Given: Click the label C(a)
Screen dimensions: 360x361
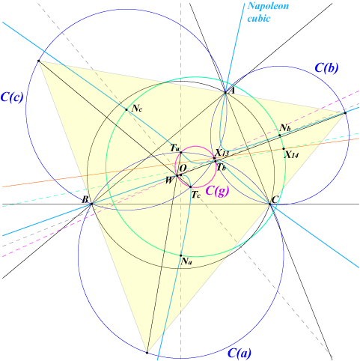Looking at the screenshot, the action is point(240,353).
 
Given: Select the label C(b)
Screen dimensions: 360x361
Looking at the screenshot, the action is point(326,67).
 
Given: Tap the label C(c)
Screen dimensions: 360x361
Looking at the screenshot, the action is point(12,97).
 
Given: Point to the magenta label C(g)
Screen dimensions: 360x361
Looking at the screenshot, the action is point(217,191).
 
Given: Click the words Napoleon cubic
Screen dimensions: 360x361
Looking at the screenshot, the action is point(268,12).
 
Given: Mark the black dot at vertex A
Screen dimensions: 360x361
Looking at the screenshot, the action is point(225,92).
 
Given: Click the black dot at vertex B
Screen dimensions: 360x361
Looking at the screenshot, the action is point(91,204).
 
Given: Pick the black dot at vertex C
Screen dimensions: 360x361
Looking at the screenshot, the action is point(269,204).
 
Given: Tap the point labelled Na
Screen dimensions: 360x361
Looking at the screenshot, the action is point(181,255).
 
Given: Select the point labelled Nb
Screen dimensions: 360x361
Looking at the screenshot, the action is point(280,136).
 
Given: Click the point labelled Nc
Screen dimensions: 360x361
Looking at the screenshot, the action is point(126,109).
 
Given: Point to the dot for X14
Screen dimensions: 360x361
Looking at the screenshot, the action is point(284,149).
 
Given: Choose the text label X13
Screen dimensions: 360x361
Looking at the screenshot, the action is point(222,153).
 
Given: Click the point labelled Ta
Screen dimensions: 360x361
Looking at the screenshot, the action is point(181,152).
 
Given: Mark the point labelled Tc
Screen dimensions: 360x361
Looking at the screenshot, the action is point(190,186).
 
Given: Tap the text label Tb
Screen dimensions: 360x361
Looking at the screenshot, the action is point(222,167).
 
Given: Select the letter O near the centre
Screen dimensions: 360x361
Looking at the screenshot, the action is point(183,169).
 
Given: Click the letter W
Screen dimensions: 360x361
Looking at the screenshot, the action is point(169,180).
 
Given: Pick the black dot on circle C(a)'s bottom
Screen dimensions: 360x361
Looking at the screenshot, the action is point(147,353).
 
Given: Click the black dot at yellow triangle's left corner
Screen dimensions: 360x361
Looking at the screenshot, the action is point(38,61).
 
